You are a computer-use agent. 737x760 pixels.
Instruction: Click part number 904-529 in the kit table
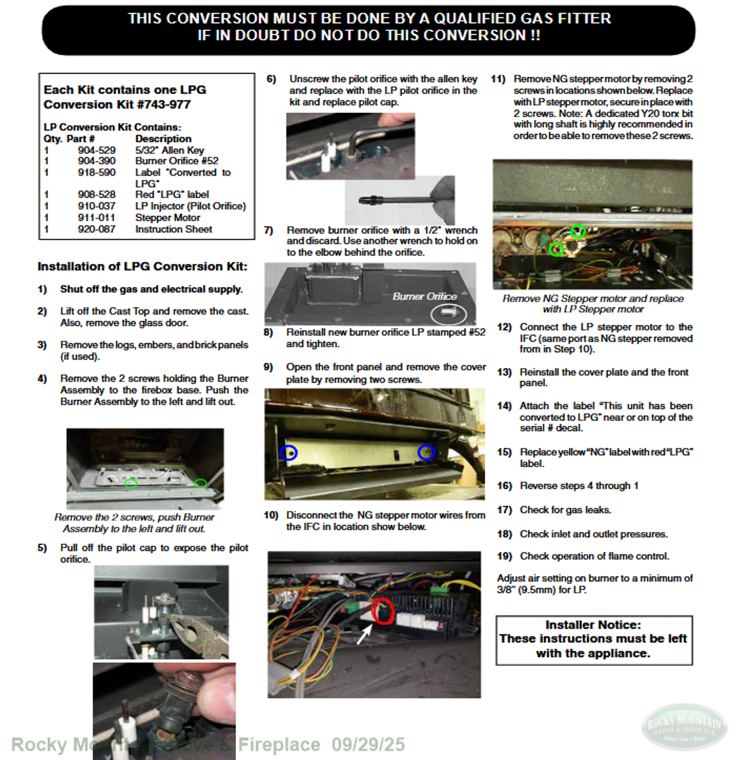pyautogui.click(x=96, y=150)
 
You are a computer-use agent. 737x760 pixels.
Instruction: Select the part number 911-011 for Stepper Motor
pyautogui.click(x=96, y=217)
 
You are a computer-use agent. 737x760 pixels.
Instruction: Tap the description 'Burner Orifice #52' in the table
pyautogui.click(x=177, y=161)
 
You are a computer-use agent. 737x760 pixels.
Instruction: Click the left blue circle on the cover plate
pyautogui.click(x=289, y=452)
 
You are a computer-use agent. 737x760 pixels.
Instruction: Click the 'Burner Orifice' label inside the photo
pyautogui.click(x=425, y=296)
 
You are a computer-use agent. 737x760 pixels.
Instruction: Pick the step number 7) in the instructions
pyautogui.click(x=268, y=230)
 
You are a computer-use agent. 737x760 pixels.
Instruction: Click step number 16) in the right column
pyautogui.click(x=504, y=486)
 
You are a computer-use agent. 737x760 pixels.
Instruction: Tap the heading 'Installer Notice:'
pyautogui.click(x=593, y=625)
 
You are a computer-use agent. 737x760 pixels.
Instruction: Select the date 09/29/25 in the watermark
pyautogui.click(x=368, y=745)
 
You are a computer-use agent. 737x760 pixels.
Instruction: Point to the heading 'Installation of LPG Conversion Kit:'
pyautogui.click(x=143, y=267)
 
